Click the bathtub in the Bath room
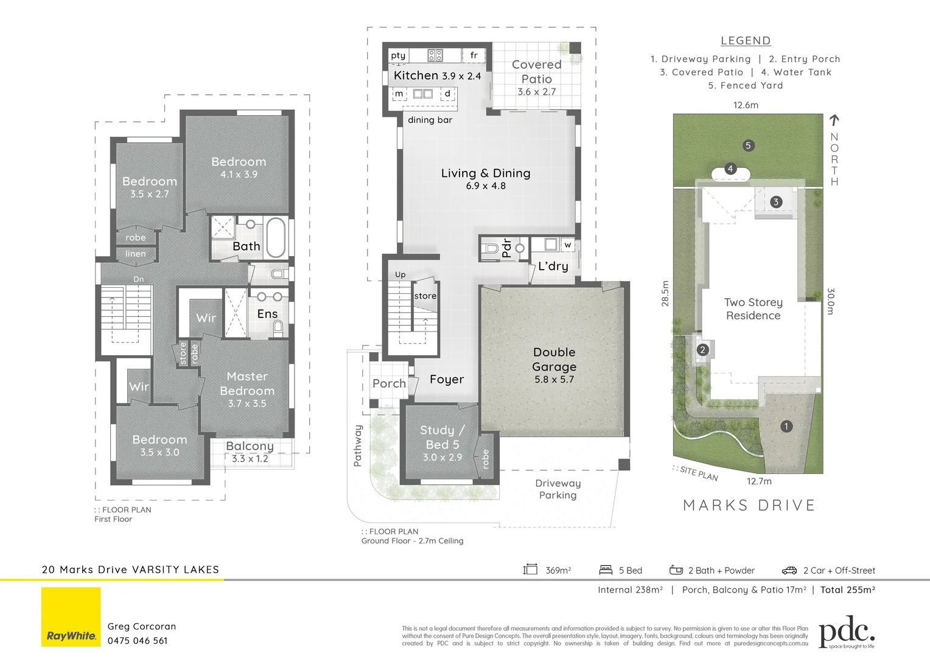point(276,237)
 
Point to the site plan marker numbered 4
point(730,169)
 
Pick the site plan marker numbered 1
point(786,426)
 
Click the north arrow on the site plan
point(834,121)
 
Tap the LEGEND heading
point(746,41)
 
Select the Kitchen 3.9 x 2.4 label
point(437,75)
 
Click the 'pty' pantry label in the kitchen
point(398,55)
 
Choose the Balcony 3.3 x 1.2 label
point(250,451)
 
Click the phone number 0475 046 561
point(138,641)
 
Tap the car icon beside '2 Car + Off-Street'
point(789,571)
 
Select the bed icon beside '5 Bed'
point(606,570)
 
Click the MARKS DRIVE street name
point(749,506)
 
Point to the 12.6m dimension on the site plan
point(746,105)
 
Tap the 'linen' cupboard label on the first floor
point(135,254)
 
